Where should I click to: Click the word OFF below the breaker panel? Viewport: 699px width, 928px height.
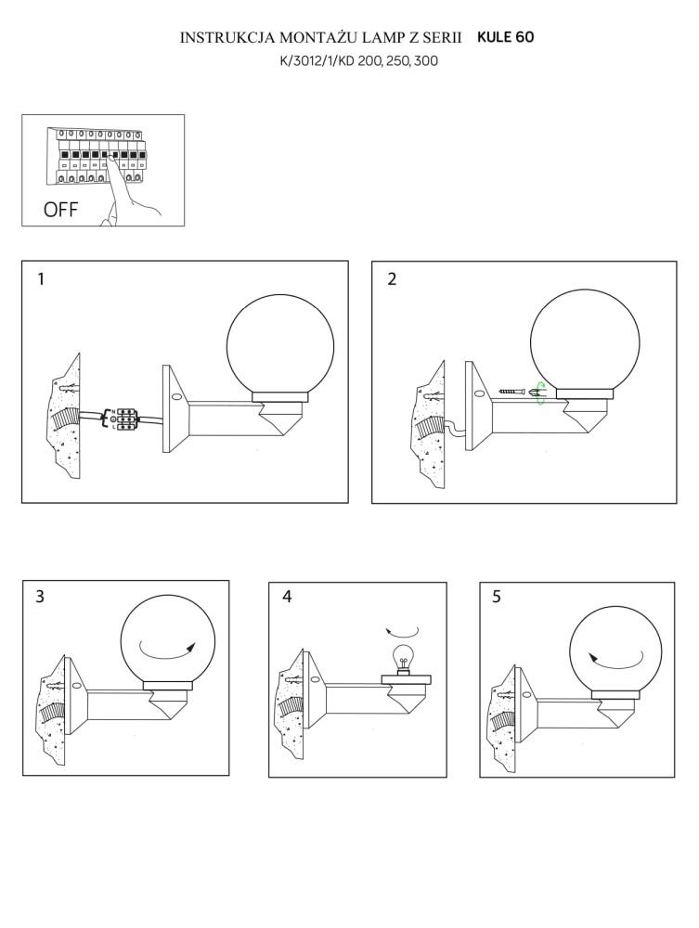(x=61, y=210)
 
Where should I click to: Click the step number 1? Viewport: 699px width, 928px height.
(x=40, y=278)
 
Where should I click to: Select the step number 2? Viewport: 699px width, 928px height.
(x=392, y=278)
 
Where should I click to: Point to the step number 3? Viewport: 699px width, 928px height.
(x=40, y=596)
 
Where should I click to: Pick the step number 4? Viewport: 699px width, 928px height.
(x=287, y=596)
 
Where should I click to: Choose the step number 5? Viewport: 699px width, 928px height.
(x=496, y=597)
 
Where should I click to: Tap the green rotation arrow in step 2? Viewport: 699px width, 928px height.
(x=539, y=393)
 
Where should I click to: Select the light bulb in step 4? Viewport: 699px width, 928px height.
(x=403, y=658)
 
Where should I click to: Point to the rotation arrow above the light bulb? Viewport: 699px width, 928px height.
(x=402, y=631)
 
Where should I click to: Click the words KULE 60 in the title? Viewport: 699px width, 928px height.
(x=506, y=37)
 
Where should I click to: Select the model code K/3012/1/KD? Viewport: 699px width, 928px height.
(x=317, y=61)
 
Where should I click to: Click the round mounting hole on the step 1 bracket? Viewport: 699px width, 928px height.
(x=175, y=398)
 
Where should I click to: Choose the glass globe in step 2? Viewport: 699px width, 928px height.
(x=585, y=340)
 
